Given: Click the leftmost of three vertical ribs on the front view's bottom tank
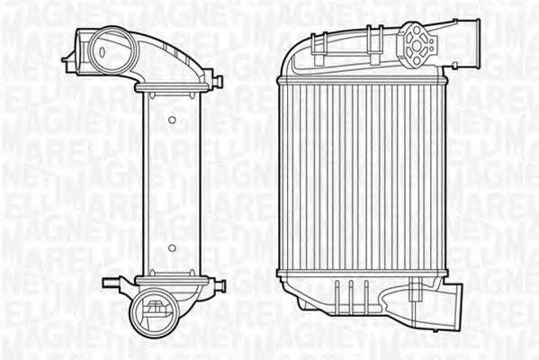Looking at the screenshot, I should click(x=335, y=291).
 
